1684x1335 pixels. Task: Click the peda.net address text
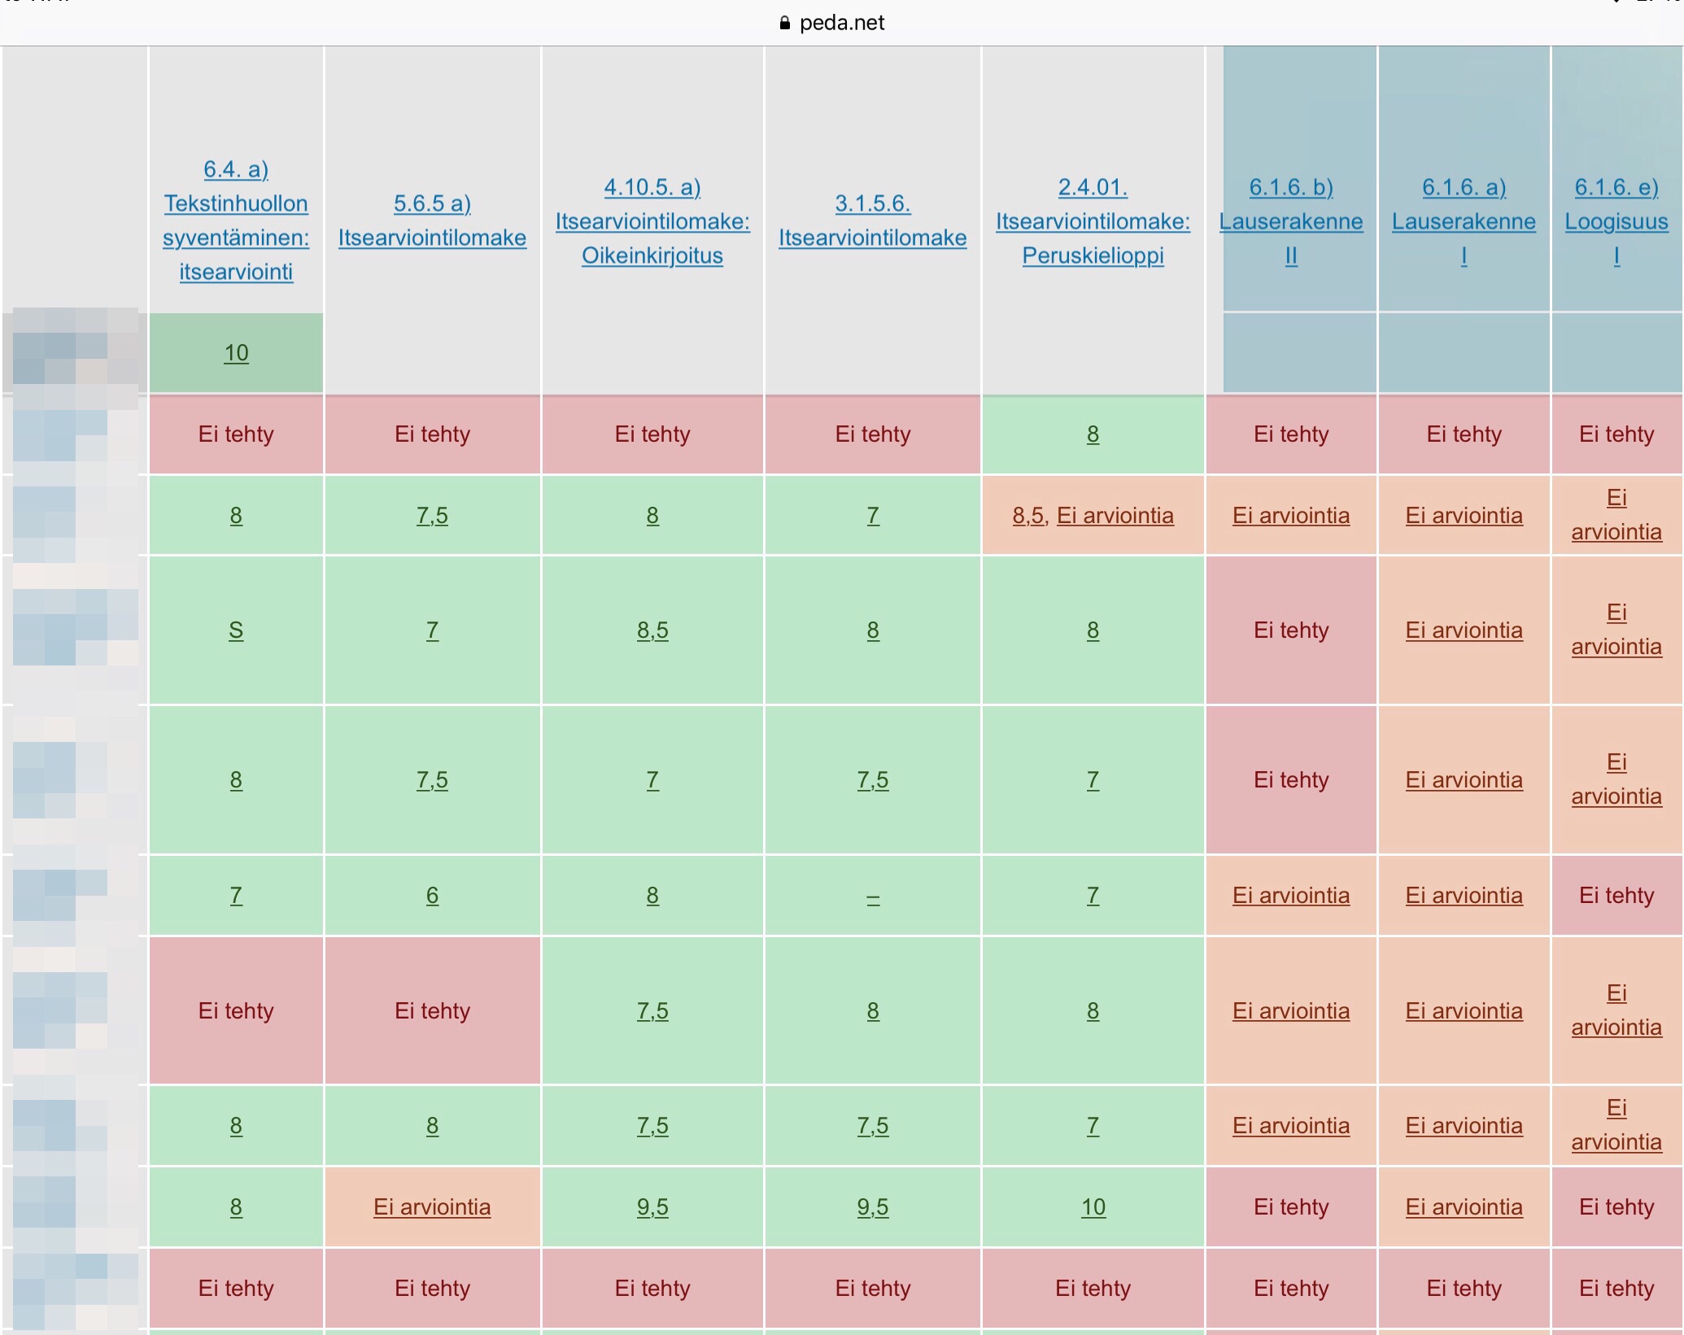click(x=841, y=23)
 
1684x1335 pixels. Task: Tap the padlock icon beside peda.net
click(x=784, y=23)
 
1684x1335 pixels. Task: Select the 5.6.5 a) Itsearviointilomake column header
click(x=432, y=220)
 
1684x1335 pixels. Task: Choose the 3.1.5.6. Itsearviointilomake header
click(x=872, y=220)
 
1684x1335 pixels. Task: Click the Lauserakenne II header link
click(x=1291, y=221)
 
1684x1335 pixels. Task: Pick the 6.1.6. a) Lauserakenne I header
click(x=1464, y=221)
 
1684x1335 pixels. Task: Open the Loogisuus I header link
click(x=1616, y=221)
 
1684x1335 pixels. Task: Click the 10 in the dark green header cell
click(x=236, y=353)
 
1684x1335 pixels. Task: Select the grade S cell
click(x=236, y=630)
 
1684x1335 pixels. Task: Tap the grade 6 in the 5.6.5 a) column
click(x=432, y=896)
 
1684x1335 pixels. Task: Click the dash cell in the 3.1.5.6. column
click(x=873, y=897)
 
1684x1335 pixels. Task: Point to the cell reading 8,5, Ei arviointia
click(x=1093, y=516)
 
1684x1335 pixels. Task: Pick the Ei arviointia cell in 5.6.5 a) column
click(x=432, y=1207)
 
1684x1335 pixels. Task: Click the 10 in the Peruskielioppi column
click(x=1093, y=1207)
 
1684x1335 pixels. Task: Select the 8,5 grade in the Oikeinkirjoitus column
click(x=652, y=630)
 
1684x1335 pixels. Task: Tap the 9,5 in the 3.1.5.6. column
click(x=873, y=1207)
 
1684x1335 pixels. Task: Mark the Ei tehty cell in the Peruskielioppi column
click(x=1093, y=1289)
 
